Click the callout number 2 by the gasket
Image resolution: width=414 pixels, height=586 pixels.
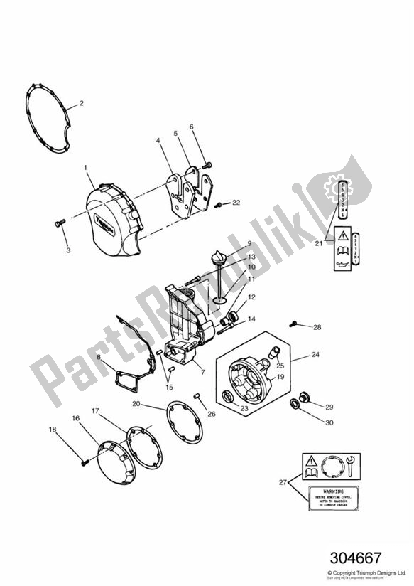tap(81, 103)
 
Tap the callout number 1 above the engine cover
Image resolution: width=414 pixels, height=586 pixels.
tap(85, 168)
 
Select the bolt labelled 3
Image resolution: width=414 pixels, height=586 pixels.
tap(59, 223)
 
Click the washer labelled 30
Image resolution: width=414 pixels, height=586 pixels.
tap(293, 405)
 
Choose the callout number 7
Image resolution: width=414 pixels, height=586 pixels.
tap(202, 371)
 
